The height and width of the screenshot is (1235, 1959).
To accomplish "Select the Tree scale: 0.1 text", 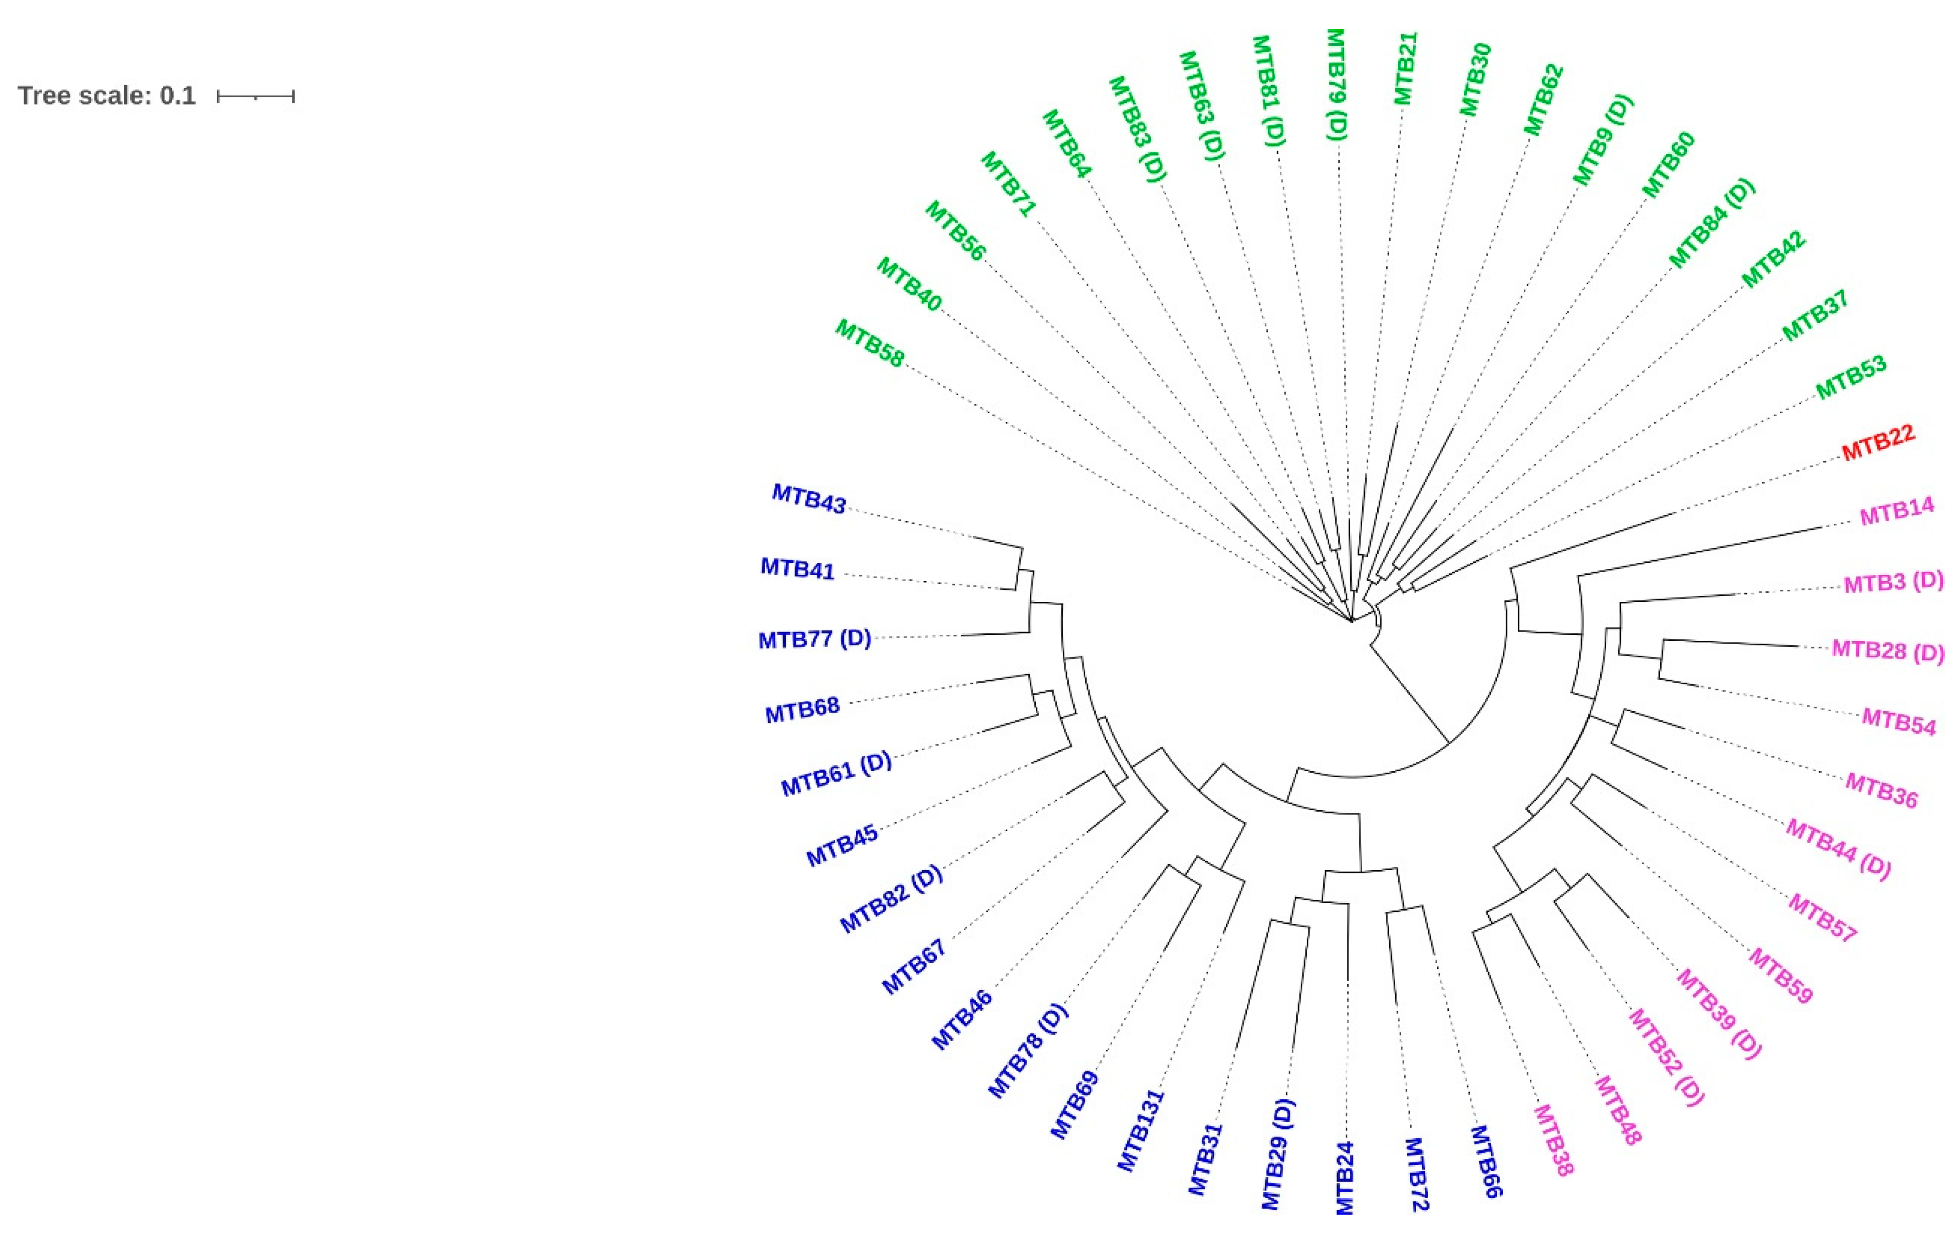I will (x=107, y=96).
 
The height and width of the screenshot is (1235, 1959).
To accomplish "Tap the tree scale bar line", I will (x=256, y=97).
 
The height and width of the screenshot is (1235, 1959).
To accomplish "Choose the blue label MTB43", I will (x=809, y=498).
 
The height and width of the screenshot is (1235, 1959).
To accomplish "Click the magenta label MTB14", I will (x=1896, y=513).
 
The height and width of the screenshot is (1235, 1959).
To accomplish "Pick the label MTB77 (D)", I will (x=814, y=639).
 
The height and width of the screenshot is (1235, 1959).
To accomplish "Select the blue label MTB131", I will (x=1141, y=1131).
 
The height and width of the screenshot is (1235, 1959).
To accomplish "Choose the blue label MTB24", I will (x=1345, y=1177).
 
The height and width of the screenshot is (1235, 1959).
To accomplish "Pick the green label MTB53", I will (x=1851, y=378).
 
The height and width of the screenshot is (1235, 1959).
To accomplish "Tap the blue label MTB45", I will (x=842, y=845).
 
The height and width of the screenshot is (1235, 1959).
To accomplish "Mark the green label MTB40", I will (x=909, y=285).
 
